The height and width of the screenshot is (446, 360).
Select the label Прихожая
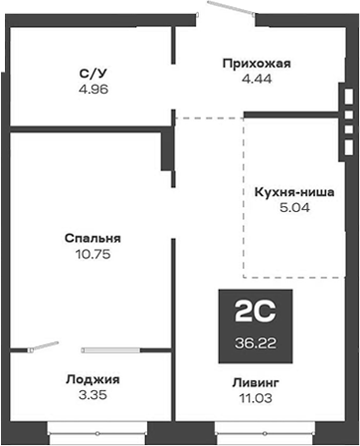click(256, 64)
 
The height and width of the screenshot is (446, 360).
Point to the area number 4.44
click(256, 81)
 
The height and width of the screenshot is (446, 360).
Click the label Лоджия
click(92, 379)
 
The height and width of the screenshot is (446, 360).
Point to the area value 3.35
click(92, 396)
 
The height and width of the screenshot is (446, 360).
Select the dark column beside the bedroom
click(166, 151)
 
